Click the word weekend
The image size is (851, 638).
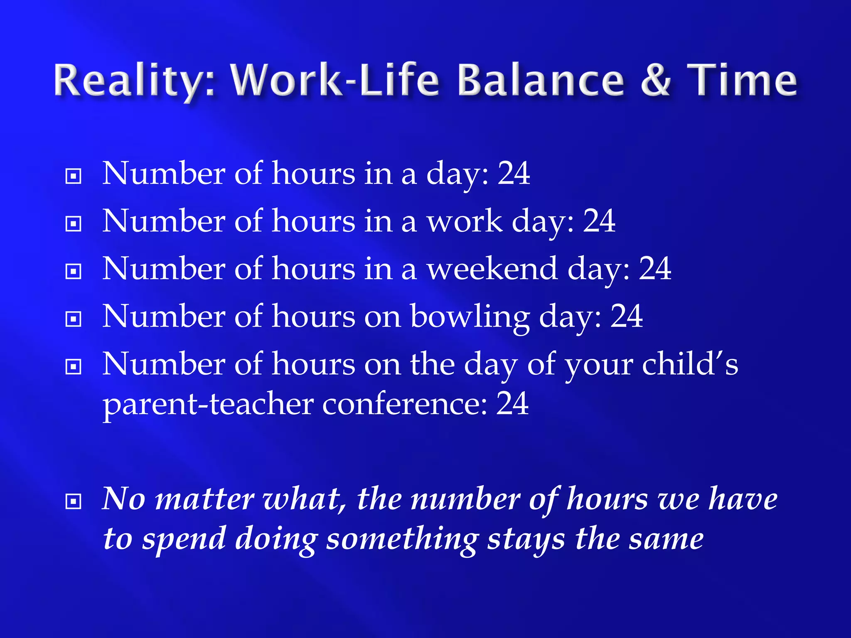point(492,269)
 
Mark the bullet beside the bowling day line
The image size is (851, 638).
point(74,319)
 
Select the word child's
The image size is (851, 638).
point(690,364)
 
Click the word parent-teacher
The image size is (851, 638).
point(208,404)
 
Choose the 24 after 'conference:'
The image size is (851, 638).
point(512,403)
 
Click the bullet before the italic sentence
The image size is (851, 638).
point(74,502)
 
